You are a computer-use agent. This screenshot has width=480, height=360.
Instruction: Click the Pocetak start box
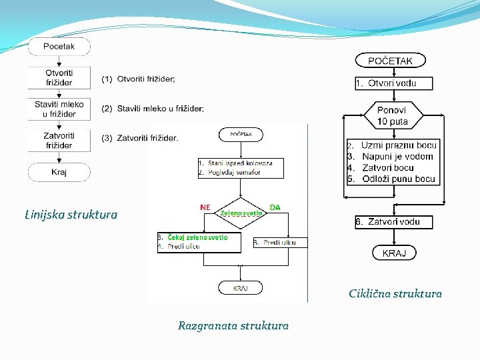[59, 47]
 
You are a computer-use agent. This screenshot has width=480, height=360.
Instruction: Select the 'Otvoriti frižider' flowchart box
[59, 77]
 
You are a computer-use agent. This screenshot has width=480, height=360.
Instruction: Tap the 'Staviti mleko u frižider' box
[59, 109]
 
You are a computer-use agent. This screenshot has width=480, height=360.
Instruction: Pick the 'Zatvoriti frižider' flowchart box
[59, 140]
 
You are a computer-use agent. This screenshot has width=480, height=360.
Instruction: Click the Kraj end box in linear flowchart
[59, 172]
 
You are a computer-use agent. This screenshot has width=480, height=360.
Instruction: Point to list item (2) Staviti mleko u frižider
[153, 108]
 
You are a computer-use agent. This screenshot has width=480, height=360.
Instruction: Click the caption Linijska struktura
[71, 215]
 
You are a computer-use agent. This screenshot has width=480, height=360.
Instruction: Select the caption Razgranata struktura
[233, 326]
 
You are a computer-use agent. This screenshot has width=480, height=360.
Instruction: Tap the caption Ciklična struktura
[395, 293]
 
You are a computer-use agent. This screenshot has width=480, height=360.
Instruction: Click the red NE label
[205, 207]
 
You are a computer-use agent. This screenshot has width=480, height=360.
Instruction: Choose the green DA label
[275, 207]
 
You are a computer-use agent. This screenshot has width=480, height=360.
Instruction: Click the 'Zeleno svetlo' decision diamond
[241, 213]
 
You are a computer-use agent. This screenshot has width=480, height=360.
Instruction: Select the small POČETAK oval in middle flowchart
[241, 134]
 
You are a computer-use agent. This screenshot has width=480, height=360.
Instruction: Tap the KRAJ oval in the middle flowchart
[240, 288]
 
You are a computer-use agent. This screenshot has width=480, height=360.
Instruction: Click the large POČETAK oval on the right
[390, 61]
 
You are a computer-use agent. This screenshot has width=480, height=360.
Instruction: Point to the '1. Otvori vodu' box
[393, 83]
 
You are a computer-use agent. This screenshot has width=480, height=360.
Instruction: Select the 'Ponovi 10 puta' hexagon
[392, 116]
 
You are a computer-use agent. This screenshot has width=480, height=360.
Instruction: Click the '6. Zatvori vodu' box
[393, 221]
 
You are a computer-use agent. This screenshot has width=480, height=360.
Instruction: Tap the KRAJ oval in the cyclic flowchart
[399, 253]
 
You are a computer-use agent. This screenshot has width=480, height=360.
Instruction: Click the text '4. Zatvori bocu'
[387, 167]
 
